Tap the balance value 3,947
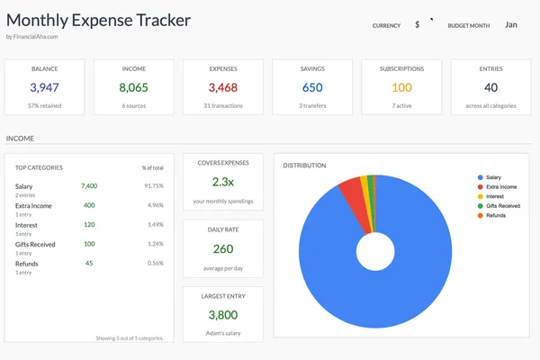pos(44,87)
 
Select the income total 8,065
pos(133,87)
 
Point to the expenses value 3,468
pos(222,87)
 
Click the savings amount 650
pos(312,87)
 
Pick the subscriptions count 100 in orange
pos(401,87)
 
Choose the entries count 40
pos(490,87)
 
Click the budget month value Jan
pos(511,25)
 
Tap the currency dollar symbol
pos(418,25)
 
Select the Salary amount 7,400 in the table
pos(88,185)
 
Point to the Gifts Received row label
pos(35,244)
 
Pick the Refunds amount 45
pos(89,263)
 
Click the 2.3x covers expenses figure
pos(222,181)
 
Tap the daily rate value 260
pos(222,249)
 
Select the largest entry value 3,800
pos(222,315)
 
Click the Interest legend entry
pos(496,197)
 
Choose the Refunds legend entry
pos(496,215)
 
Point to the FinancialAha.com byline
pos(32,37)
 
